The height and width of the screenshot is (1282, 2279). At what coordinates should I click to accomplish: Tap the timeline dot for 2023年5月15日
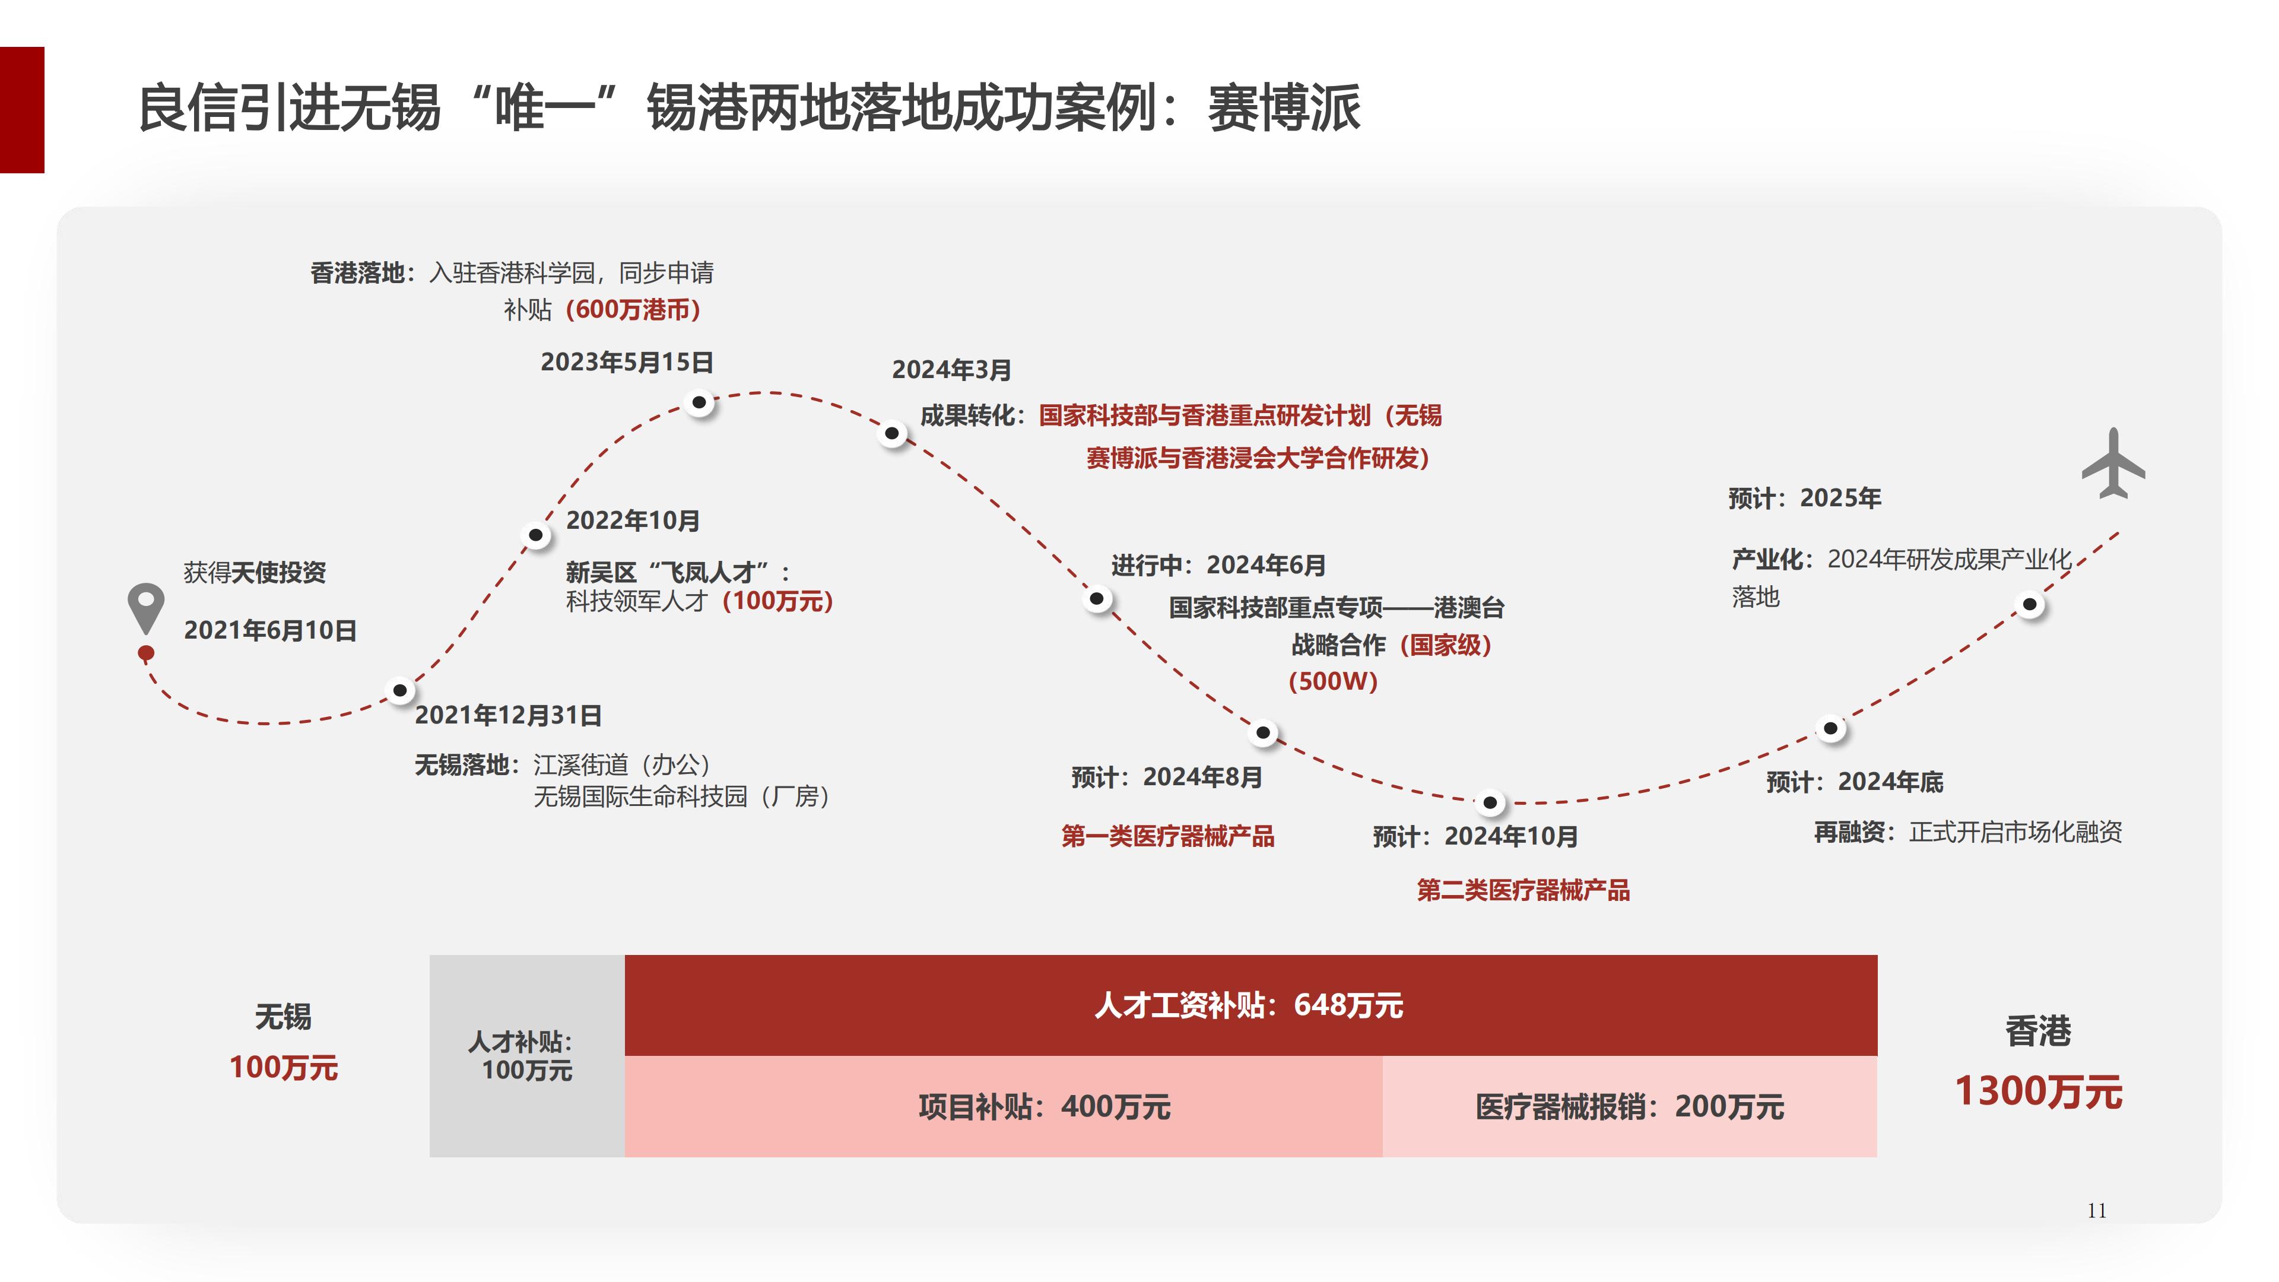(699, 402)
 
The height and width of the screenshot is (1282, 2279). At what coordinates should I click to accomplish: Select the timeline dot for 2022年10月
(535, 534)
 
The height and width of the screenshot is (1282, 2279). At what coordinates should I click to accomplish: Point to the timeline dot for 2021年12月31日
(400, 690)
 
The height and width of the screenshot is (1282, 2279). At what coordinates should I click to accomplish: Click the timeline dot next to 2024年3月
(892, 433)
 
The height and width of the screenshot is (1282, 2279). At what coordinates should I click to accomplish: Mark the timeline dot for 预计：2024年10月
(1490, 802)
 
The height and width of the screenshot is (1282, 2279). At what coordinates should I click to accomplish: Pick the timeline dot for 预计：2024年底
(1830, 728)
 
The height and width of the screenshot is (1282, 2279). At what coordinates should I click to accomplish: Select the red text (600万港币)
(633, 310)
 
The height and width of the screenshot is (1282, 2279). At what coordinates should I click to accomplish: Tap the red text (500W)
(1332, 681)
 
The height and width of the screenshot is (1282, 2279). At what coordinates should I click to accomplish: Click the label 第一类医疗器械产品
(1168, 836)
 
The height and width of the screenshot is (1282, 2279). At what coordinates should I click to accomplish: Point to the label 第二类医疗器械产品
(1522, 890)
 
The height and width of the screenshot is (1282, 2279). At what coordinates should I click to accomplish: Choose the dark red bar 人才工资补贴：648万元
(1250, 1005)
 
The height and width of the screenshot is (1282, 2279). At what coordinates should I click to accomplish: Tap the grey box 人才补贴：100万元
(526, 1055)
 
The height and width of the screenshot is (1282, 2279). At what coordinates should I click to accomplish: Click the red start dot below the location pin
(146, 653)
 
